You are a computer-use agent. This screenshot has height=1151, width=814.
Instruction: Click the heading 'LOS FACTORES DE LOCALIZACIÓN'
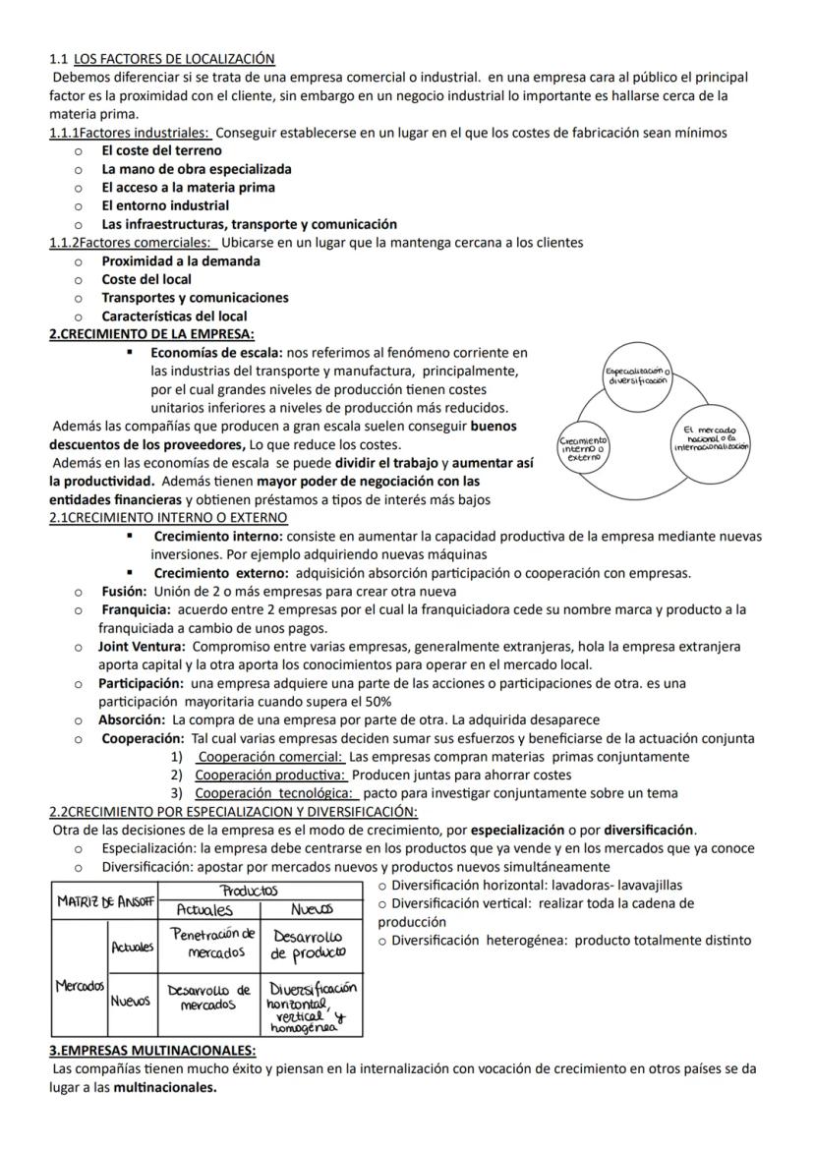[x=174, y=59]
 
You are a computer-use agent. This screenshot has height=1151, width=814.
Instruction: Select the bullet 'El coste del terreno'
[x=161, y=150]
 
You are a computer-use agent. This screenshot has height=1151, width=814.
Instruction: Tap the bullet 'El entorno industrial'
[x=165, y=205]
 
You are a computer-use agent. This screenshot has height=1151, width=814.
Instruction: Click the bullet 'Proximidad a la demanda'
[x=181, y=261]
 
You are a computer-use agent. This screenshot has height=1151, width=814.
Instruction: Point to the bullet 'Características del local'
[x=174, y=317]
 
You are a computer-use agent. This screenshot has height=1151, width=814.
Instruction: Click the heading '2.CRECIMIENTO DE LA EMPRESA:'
[x=151, y=334]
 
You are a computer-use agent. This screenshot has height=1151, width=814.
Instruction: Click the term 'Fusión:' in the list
[x=125, y=592]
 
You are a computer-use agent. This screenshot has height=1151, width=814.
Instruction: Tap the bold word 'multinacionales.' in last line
[x=165, y=1087]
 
